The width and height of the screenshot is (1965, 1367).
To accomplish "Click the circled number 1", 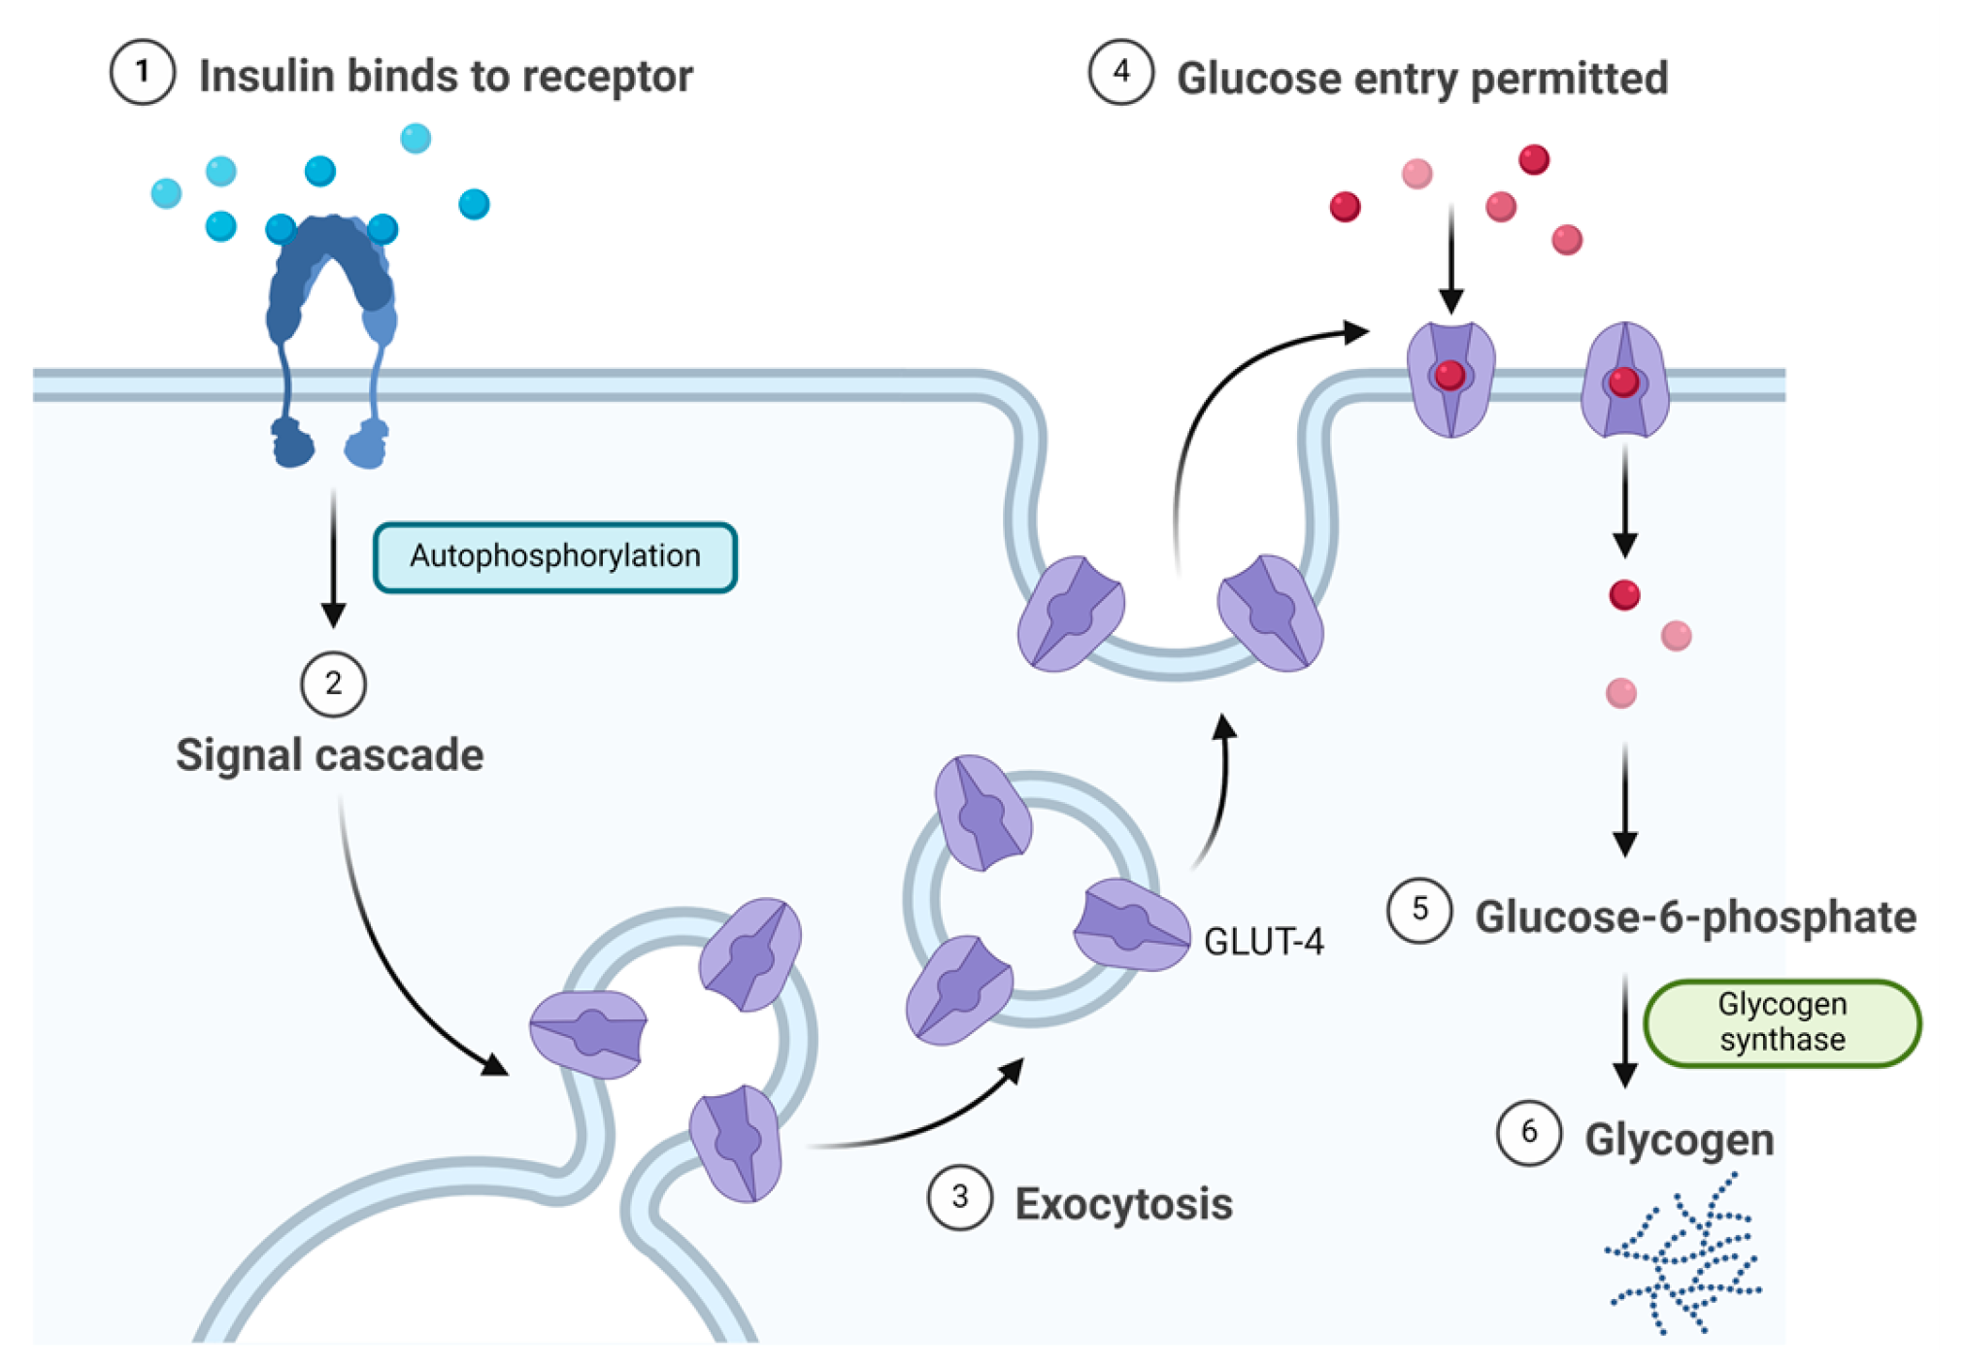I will [143, 73].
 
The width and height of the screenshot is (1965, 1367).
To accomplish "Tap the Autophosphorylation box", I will [554, 557].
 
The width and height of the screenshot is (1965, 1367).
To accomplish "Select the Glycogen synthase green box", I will [1782, 1022].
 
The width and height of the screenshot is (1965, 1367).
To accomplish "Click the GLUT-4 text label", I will [1263, 942].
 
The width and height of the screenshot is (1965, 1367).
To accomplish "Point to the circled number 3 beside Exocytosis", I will [959, 1198].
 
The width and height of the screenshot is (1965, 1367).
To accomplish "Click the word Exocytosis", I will [1123, 1204].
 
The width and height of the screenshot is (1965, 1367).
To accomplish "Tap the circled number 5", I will [1419, 911].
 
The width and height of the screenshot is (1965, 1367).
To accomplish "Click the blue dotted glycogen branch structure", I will [1685, 1257].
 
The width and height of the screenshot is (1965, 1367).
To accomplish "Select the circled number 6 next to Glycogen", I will [1529, 1132].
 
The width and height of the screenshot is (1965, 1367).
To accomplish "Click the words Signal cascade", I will [329, 755].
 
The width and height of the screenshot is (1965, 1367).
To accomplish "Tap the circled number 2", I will [333, 684].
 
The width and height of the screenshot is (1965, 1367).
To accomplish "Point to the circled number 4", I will [1121, 73].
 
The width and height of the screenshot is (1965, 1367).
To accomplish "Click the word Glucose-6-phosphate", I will [1695, 917].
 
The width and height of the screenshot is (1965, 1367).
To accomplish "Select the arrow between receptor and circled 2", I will [333, 558].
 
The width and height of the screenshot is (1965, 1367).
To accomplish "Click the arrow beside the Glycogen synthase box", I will [1625, 1029].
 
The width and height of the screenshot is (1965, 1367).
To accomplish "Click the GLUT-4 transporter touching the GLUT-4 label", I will [1131, 924].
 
